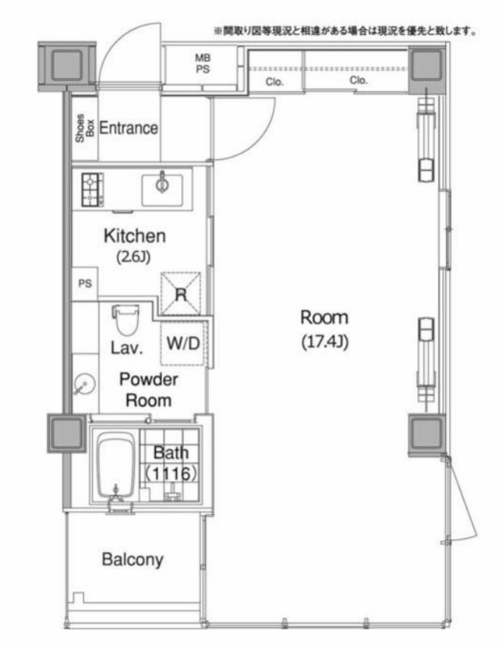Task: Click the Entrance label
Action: pyautogui.click(x=129, y=128)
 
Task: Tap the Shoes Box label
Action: pyautogui.click(x=85, y=128)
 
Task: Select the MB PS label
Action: pyautogui.click(x=203, y=64)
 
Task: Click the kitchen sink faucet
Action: pyautogui.click(x=162, y=182)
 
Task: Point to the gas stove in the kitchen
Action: pyautogui.click(x=93, y=189)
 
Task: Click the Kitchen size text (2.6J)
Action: pyautogui.click(x=133, y=257)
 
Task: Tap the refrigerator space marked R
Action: pyautogui.click(x=181, y=294)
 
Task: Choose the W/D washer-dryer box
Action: pyautogui.click(x=183, y=343)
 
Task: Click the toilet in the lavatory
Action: pyautogui.click(x=125, y=320)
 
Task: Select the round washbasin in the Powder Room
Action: pyautogui.click(x=85, y=384)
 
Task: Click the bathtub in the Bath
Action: pyautogui.click(x=116, y=466)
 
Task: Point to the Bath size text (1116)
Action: pyautogui.click(x=170, y=473)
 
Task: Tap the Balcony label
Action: pyautogui.click(x=133, y=560)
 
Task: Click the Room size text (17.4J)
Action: pyautogui.click(x=325, y=342)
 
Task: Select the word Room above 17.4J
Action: pyautogui.click(x=324, y=317)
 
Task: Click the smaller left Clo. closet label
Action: pyautogui.click(x=274, y=82)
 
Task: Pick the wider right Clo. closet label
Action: pyautogui.click(x=359, y=80)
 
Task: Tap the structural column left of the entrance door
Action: pyautogui.click(x=67, y=66)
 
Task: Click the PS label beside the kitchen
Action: pyautogui.click(x=85, y=284)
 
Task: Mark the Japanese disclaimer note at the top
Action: pyautogui.click(x=345, y=31)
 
